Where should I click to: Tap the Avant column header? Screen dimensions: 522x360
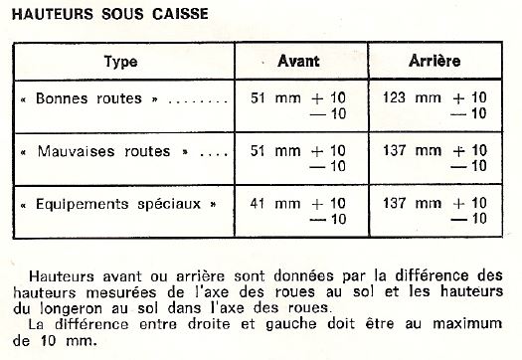(298, 62)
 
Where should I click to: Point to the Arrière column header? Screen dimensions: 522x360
(435, 62)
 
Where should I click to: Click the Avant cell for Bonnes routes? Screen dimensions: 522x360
(299, 106)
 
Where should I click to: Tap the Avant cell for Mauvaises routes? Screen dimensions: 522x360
(299, 158)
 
